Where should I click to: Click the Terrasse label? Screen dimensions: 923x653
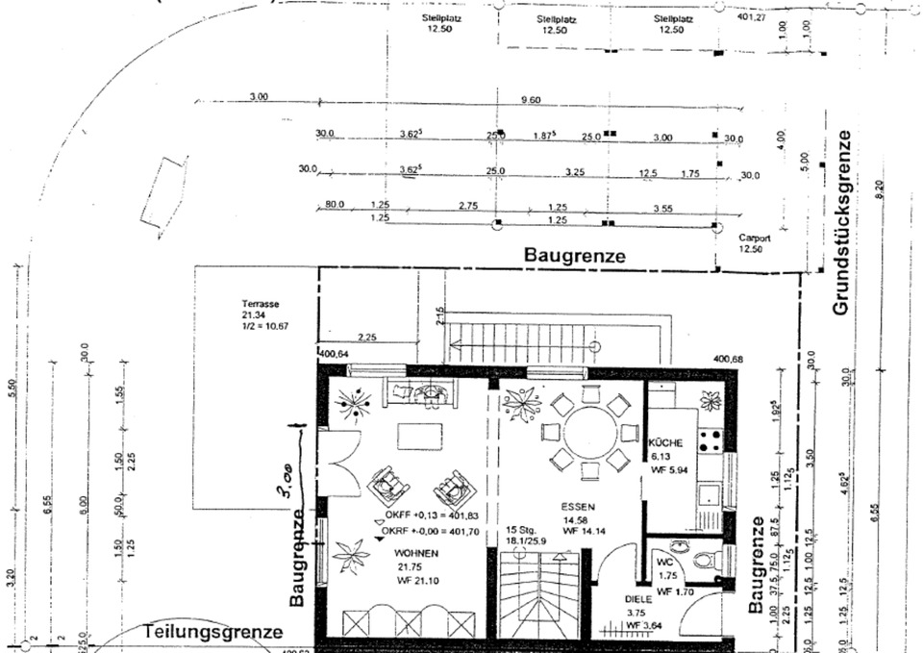(260, 304)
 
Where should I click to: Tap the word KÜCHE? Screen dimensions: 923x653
(667, 443)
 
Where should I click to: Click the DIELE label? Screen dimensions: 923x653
(638, 598)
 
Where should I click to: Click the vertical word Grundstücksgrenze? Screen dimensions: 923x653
(842, 223)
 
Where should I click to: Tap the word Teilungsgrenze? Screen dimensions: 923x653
(213, 632)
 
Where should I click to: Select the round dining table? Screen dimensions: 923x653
(590, 434)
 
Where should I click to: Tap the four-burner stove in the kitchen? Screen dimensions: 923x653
(711, 440)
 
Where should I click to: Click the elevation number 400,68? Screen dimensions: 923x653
(730, 360)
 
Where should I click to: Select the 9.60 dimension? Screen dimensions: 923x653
(530, 100)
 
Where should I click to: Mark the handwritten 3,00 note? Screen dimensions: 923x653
(287, 500)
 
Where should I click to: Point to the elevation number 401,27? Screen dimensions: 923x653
(751, 17)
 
